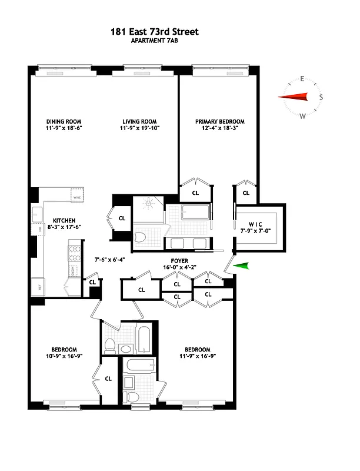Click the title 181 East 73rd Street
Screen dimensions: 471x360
(x=162, y=31)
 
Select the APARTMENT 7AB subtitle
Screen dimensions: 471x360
(x=162, y=41)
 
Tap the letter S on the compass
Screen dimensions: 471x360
(x=321, y=97)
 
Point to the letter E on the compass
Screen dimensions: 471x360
(x=302, y=79)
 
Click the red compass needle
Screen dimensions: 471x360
(x=294, y=97)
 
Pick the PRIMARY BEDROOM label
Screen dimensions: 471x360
(x=220, y=121)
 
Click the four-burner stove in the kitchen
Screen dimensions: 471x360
(x=75, y=253)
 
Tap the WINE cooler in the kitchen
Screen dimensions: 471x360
(x=76, y=194)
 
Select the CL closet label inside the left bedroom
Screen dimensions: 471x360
(x=108, y=379)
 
